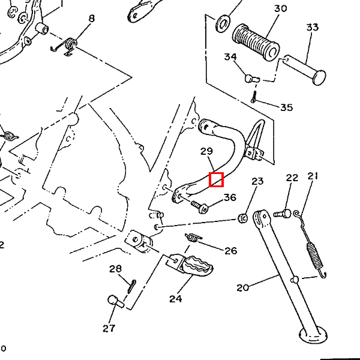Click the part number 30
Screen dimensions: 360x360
click(280, 9)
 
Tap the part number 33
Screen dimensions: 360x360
click(312, 28)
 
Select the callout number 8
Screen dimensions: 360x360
click(91, 19)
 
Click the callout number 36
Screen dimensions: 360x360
click(230, 197)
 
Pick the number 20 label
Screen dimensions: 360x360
click(242, 288)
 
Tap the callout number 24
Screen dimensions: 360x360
click(175, 299)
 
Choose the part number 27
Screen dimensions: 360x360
click(108, 328)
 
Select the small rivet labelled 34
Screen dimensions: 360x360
click(251, 78)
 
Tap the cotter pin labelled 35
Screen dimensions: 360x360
click(254, 97)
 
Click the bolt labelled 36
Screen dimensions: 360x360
click(199, 206)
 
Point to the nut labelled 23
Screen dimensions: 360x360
click(244, 217)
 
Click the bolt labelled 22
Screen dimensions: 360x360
click(283, 212)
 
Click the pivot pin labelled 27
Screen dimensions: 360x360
click(115, 301)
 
